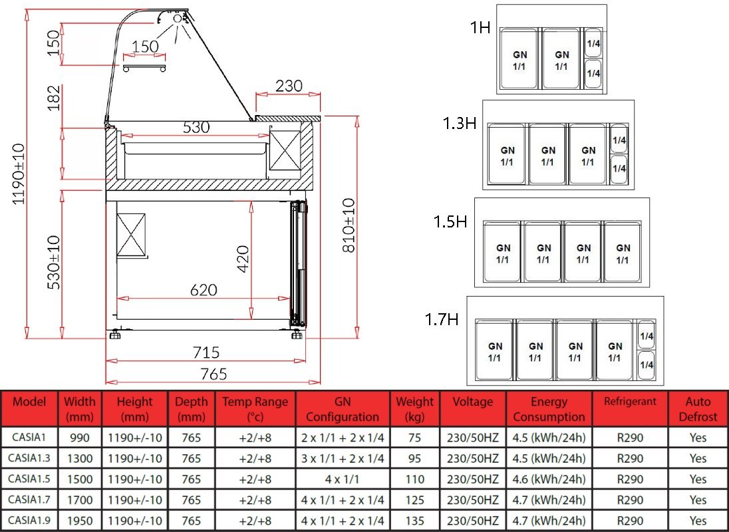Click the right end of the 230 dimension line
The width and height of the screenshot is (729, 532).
tap(321, 94)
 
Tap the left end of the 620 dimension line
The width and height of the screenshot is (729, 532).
tap(117, 299)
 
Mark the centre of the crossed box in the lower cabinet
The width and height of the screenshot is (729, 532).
tap(131, 235)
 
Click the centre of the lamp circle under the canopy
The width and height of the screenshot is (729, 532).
tap(178, 19)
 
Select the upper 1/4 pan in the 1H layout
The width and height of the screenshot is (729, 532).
tap(593, 43)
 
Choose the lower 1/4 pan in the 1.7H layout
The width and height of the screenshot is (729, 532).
tap(647, 364)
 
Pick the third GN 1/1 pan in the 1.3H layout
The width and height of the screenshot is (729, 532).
tap(588, 154)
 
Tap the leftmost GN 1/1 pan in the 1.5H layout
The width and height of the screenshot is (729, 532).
tap(503, 252)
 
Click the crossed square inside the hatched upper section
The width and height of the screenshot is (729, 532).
tap(285, 151)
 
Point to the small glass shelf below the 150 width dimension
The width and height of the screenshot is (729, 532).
tap(144, 68)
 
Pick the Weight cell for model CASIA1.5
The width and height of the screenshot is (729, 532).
tap(414, 479)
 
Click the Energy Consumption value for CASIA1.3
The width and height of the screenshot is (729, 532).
tap(549, 459)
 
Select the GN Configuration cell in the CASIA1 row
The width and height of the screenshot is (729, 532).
tap(343, 438)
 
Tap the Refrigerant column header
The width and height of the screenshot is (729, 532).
tap(630, 402)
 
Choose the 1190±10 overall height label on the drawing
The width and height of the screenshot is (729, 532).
tap(18, 174)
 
